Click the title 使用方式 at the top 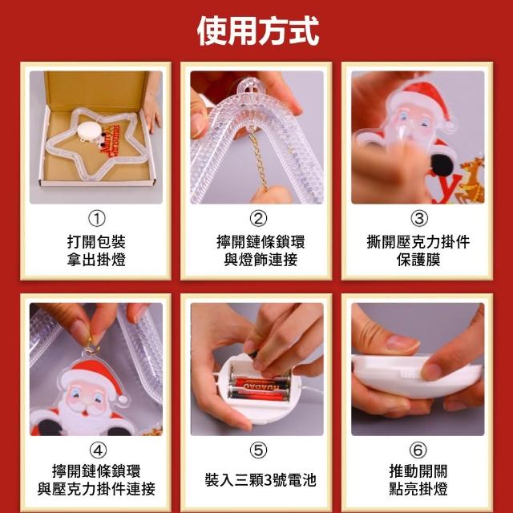[258, 31]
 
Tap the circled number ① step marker [97, 219]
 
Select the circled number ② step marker [258, 219]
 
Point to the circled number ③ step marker [418, 219]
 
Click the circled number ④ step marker [98, 450]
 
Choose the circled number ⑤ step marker [258, 450]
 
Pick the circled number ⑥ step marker [418, 450]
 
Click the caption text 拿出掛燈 [96, 260]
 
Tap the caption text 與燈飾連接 [261, 260]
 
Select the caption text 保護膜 [418, 260]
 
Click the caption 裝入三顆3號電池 [261, 480]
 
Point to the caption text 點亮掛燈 [418, 489]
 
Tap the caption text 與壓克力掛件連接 [96, 489]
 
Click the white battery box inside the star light [90, 131]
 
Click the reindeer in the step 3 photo [471, 180]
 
